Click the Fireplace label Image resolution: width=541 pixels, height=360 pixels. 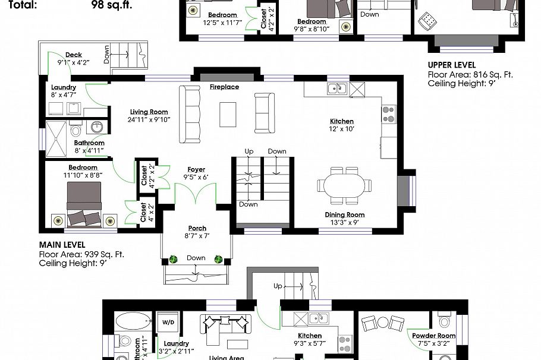224,87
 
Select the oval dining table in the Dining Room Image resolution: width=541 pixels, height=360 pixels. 345,184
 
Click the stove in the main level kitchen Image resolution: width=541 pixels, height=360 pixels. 388,113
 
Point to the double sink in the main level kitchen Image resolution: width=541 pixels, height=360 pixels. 337,89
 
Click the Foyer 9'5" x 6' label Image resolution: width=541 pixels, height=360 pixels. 196,173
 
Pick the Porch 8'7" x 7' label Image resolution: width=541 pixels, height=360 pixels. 197,232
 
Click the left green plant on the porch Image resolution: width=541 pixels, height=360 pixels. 174,259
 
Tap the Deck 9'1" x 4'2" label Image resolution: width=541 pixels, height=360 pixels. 73,58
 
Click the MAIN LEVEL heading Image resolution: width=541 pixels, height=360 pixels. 62,245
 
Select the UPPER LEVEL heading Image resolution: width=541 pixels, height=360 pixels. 452,65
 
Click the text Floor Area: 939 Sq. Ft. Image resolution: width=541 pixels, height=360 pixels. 81,254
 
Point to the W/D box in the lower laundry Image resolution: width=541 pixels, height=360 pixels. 168,323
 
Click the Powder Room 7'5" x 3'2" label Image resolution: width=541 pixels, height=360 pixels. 434,339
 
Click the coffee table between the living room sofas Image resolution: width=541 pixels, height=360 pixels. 227,114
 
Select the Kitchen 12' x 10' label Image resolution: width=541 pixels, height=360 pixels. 342,125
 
